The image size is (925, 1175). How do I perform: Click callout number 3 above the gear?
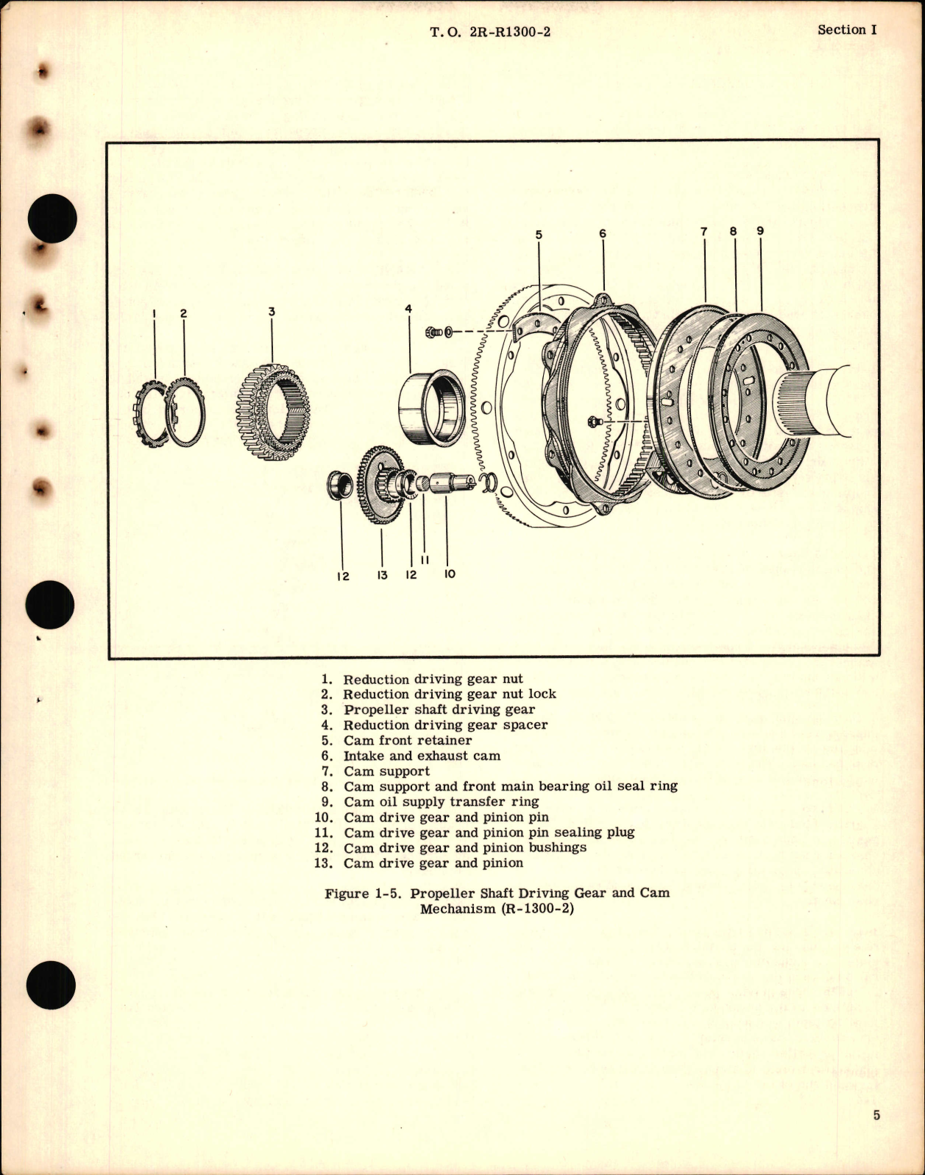tap(272, 312)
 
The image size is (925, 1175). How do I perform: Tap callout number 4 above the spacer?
tap(408, 309)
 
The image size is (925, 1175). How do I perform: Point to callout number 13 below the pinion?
tap(382, 575)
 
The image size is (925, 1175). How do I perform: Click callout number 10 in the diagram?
tap(450, 574)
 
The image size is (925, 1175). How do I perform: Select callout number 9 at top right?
tap(760, 231)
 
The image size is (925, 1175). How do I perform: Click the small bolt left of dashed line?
tap(435, 332)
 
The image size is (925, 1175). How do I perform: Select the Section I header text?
tap(847, 30)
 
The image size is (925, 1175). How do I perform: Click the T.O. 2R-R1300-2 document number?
tap(490, 32)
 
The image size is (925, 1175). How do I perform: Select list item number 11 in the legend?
tap(324, 832)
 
